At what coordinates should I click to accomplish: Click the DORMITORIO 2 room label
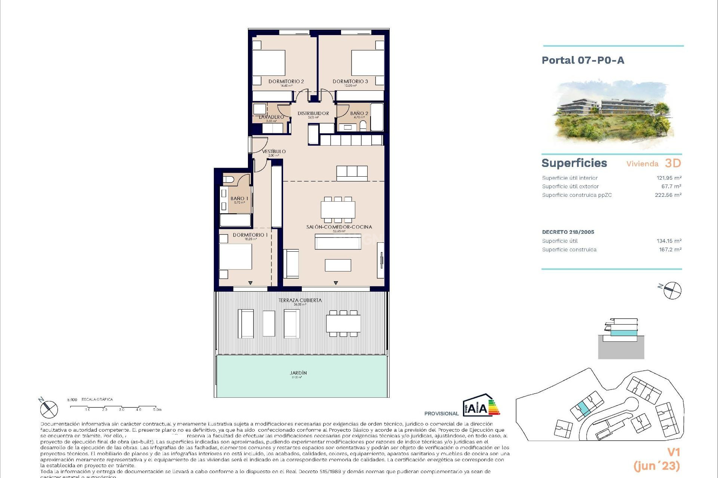(286, 81)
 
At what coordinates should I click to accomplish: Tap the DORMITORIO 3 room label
(350, 81)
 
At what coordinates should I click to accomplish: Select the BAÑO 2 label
(359, 113)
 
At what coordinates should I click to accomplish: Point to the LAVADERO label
(271, 117)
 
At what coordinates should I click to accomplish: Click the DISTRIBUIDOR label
(313, 113)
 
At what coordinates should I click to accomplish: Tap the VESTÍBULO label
(274, 152)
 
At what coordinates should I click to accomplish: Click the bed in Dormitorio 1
(236, 256)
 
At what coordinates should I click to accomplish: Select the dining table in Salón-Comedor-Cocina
(338, 210)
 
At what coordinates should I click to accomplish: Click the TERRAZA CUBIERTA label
(300, 300)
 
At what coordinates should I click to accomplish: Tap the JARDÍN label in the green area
(298, 373)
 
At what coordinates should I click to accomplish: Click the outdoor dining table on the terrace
(343, 323)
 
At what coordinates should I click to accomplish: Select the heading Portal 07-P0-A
(583, 60)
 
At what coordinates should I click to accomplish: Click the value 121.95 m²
(669, 178)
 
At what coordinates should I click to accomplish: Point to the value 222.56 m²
(668, 195)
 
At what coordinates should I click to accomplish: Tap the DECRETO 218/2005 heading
(568, 232)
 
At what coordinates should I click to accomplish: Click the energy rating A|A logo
(481, 406)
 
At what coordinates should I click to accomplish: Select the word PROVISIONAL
(441, 413)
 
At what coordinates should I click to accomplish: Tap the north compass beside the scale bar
(49, 409)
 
